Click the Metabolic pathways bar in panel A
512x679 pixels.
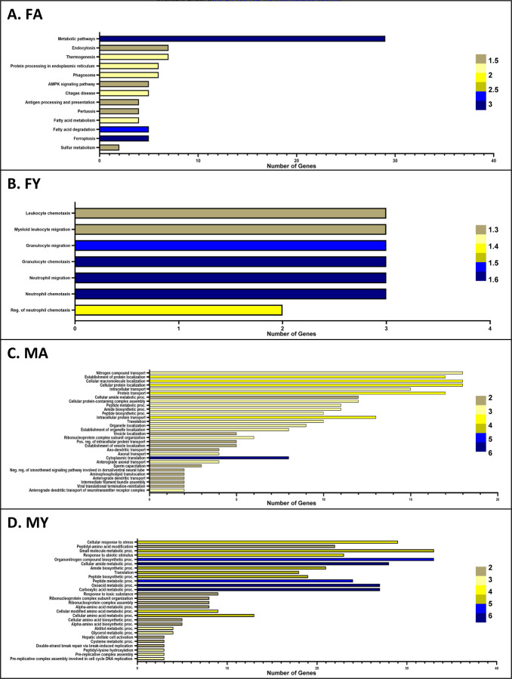(x=242, y=39)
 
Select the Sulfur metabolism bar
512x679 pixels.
(x=109, y=147)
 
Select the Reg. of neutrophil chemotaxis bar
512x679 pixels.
(x=178, y=310)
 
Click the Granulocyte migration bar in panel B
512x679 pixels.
(x=230, y=245)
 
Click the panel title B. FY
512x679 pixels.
(x=34, y=181)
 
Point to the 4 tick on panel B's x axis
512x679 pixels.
(x=490, y=330)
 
